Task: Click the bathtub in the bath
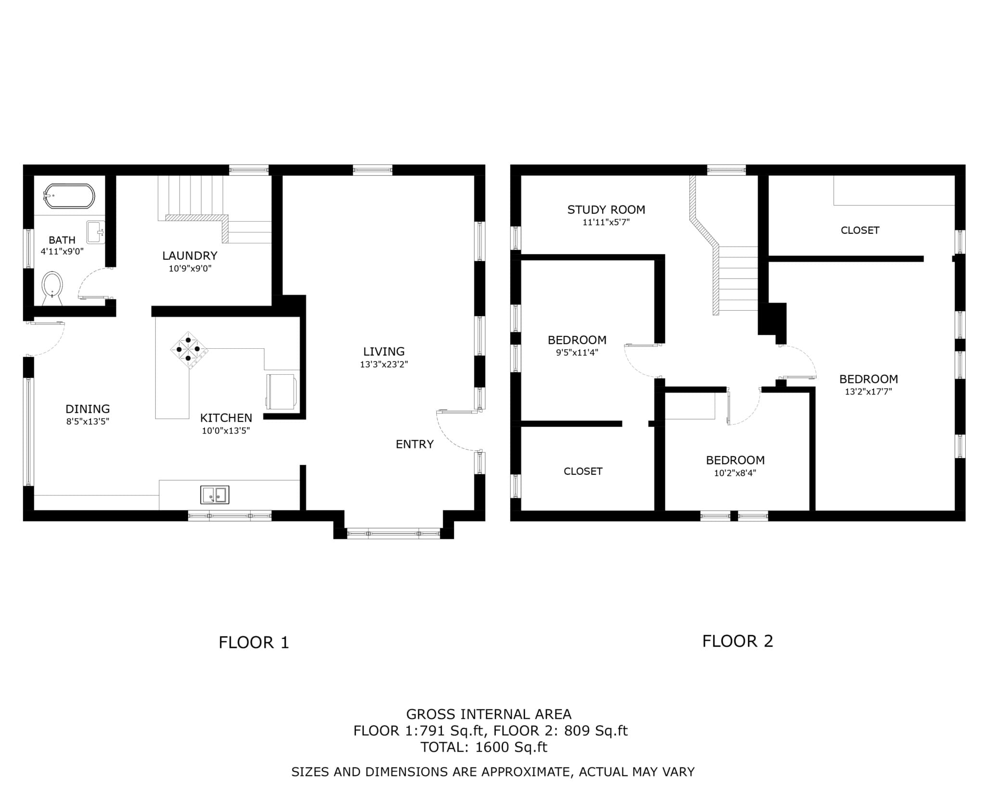pos(69,196)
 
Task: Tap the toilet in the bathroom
pos(52,288)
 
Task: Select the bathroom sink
pos(96,232)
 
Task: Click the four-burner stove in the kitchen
pos(189,349)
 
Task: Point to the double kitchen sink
pos(215,495)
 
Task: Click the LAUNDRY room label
pos(189,255)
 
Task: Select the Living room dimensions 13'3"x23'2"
pos(384,364)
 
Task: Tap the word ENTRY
pos(415,444)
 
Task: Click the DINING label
pos(88,409)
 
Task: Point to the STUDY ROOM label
pos(606,210)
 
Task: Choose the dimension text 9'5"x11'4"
pos(577,352)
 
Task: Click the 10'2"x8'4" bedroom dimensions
pos(735,473)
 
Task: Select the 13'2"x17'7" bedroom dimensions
pos(868,392)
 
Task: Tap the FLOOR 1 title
pos(254,643)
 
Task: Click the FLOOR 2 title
pos(738,641)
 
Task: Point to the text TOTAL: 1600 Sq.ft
pos(484,747)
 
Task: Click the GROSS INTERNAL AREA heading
pos(489,714)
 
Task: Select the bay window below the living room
pos(393,533)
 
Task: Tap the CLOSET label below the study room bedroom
pos(583,471)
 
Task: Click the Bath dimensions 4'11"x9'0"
pos(62,251)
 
